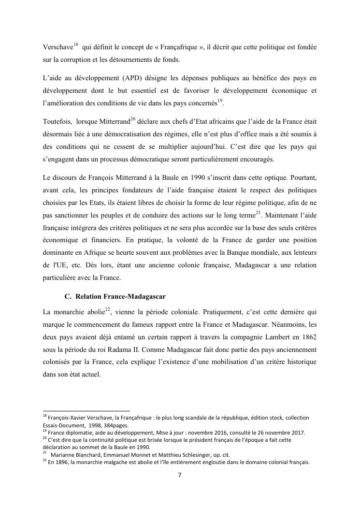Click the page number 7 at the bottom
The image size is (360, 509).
point(180,475)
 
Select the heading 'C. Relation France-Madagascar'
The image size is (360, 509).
point(116,295)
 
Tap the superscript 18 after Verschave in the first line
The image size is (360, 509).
point(76,44)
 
